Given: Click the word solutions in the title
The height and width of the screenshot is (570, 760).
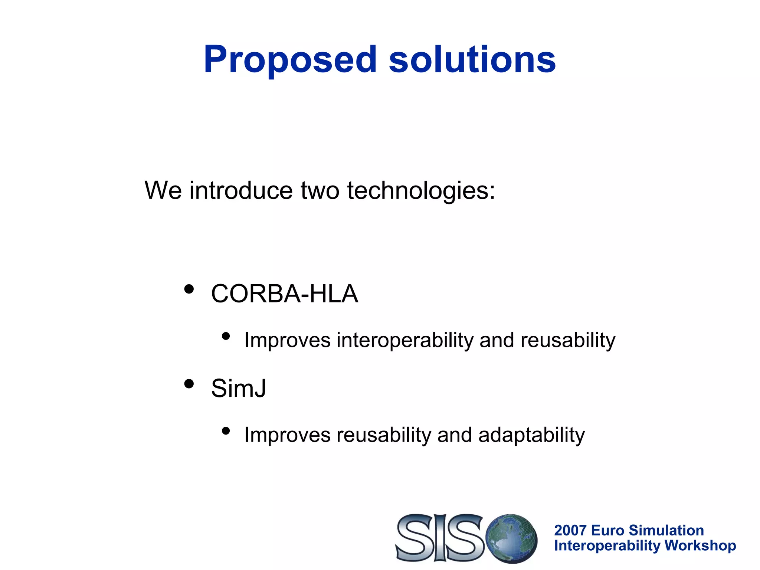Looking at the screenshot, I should coord(472,59).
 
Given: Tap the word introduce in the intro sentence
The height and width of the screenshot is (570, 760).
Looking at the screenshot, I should coord(241,191).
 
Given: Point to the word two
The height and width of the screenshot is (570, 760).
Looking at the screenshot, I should coord(320,191).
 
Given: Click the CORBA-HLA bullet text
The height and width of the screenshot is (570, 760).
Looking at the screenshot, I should coord(284,294).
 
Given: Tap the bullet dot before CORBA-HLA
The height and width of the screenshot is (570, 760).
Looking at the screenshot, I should coord(189,289).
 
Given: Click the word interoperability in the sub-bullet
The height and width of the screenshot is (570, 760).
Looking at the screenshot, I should coord(405,340).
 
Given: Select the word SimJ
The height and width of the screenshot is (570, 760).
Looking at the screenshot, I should coord(239,389).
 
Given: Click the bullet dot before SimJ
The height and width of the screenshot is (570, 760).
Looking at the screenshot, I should coord(189,384).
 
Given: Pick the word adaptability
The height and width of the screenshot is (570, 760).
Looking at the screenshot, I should coord(531,435).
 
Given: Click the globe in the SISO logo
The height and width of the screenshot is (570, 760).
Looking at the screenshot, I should coord(512,538).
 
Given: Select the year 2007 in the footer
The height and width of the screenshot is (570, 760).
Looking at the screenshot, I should coord(570,530).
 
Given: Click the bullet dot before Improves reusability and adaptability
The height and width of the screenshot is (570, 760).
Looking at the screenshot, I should coord(226,431).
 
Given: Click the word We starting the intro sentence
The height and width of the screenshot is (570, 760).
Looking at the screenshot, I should coord(163,191).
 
